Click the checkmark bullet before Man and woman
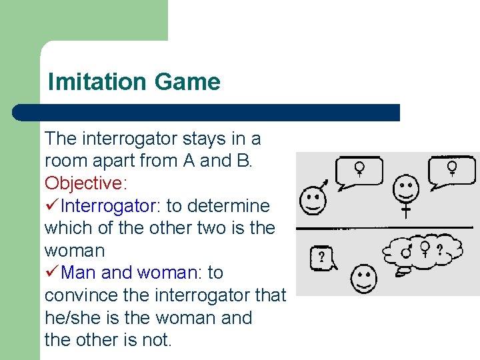(52, 273)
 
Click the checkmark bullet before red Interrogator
(52, 205)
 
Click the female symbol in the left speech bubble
(360, 169)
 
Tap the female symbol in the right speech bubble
(453, 167)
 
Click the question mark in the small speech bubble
(321, 257)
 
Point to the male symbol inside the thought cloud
(407, 251)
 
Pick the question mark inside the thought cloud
(439, 250)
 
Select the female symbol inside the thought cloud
(424, 249)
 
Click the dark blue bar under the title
(207, 112)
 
